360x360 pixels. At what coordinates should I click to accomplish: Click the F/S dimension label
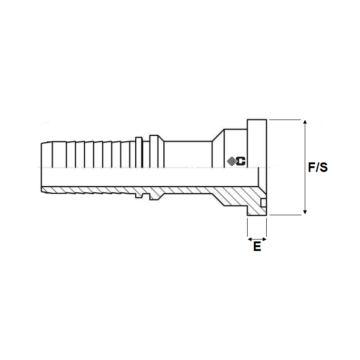coord(318,167)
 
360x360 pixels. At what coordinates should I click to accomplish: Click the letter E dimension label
coord(257,246)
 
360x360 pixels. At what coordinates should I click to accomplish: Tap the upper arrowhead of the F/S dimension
coord(305,122)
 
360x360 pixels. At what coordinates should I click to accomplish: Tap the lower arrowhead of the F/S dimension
coord(305,212)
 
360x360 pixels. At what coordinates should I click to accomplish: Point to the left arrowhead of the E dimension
coord(250,240)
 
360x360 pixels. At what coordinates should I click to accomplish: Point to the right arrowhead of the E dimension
coord(264,240)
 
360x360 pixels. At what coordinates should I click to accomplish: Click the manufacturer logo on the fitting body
coord(236,161)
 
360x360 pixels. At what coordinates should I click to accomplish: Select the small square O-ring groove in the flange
coord(264,202)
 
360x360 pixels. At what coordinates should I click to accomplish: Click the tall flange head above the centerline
coord(257,143)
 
